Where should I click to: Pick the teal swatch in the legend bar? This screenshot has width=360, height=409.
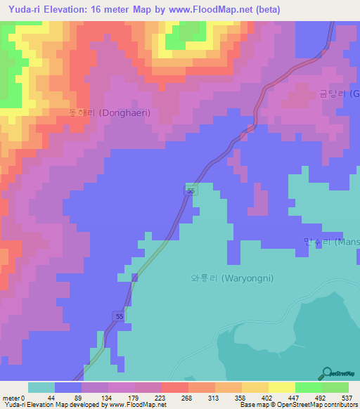tap(41, 387)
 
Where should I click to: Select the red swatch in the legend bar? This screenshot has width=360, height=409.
tap(175, 387)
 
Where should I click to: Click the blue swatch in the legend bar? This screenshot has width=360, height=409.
tap(68, 387)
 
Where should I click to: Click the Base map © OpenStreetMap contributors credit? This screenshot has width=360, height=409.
tap(296, 404)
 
